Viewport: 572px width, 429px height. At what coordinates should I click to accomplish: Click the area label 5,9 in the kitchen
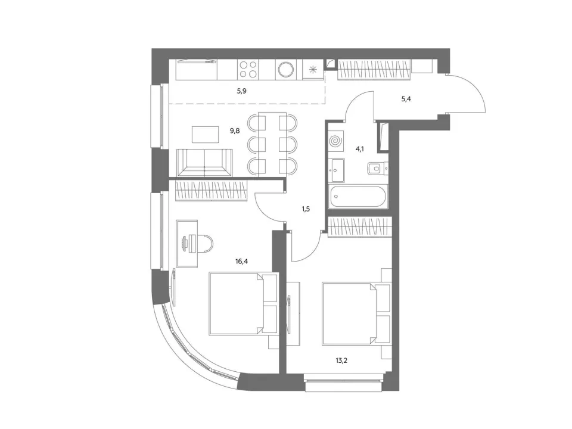[241, 91]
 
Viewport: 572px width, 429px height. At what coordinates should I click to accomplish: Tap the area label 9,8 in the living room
[235, 130]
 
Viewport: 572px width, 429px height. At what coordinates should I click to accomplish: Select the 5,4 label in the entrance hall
[406, 99]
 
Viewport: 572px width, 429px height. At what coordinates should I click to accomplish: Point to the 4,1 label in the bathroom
[360, 149]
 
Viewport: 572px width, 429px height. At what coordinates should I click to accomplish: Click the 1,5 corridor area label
[306, 209]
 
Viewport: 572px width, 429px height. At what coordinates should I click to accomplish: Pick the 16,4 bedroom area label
[241, 261]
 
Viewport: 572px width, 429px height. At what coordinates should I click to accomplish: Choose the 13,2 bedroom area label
[341, 361]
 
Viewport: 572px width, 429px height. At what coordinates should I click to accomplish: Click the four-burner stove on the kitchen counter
[248, 69]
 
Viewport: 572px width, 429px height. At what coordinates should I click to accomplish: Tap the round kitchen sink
[285, 69]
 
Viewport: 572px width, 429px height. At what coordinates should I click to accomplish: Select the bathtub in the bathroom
[358, 197]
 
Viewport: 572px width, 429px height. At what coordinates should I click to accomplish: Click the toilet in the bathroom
[378, 169]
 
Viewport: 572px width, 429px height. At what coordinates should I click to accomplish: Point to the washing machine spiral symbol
[335, 141]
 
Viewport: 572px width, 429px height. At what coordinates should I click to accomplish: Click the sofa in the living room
[204, 163]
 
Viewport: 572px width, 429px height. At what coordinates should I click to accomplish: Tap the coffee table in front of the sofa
[206, 135]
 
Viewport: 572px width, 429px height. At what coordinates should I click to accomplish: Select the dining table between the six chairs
[272, 145]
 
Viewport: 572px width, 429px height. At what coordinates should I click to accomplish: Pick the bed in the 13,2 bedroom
[356, 313]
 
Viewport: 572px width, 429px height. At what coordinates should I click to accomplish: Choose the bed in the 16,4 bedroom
[243, 303]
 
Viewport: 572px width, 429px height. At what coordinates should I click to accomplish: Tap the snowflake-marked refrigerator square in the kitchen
[313, 69]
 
